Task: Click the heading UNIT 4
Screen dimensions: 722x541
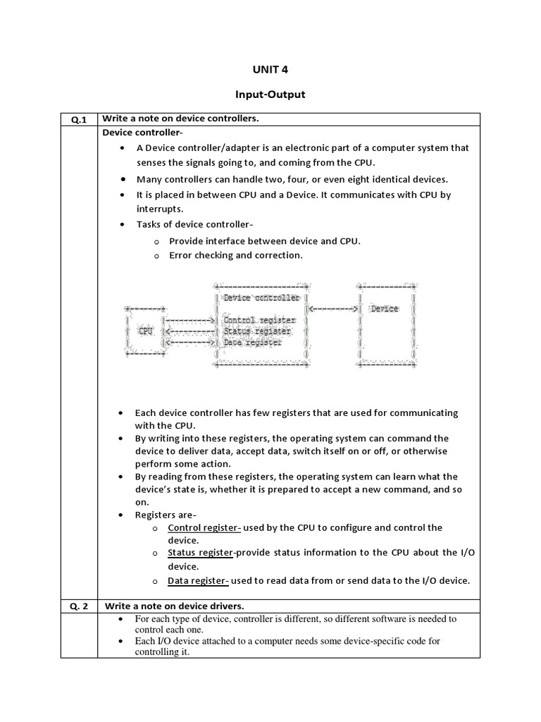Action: point(270,69)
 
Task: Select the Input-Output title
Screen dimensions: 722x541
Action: point(270,94)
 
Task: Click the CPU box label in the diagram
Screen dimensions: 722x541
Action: point(146,331)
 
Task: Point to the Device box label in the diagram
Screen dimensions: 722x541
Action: point(385,309)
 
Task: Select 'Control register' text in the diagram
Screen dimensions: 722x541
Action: point(259,320)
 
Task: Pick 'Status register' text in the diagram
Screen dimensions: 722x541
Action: point(257,331)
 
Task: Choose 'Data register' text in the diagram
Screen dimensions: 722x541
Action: point(253,343)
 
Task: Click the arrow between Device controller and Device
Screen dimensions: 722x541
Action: point(334,309)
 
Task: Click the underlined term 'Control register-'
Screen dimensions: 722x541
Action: point(204,527)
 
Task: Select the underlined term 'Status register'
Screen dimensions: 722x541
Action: point(200,553)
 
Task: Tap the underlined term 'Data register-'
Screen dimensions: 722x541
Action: point(198,581)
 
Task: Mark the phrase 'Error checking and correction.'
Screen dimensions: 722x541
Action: point(236,255)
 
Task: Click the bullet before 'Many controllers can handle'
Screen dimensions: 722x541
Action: point(123,179)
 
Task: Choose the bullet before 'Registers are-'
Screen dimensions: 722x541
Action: point(123,515)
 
